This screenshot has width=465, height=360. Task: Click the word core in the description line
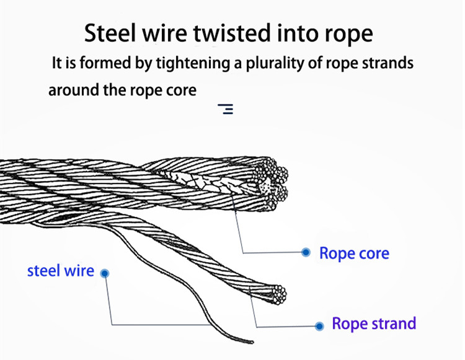(x=182, y=90)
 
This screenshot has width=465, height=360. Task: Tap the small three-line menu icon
(x=226, y=110)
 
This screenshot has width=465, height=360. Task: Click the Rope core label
(x=354, y=253)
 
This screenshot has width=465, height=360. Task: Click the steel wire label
(x=61, y=271)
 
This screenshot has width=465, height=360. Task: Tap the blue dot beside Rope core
(x=306, y=252)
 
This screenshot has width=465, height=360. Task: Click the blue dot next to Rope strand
(x=319, y=326)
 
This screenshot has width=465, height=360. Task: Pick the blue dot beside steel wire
(x=105, y=273)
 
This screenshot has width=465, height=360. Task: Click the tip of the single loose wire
(x=251, y=341)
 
